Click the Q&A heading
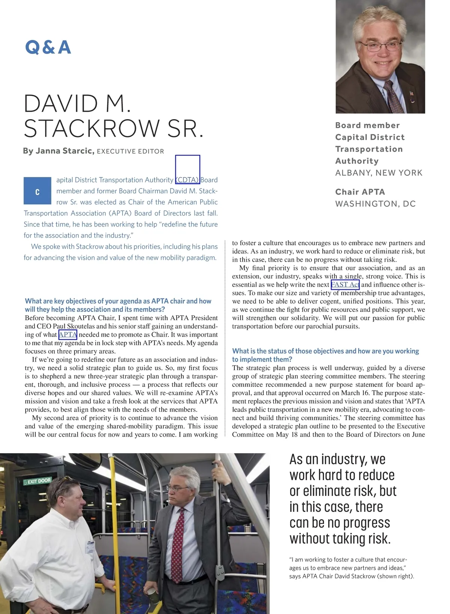click(48, 48)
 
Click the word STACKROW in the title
click(92, 129)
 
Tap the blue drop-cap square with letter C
click(37, 191)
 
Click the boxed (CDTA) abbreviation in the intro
click(187, 180)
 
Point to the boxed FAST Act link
click(345, 285)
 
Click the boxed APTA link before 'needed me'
click(68, 334)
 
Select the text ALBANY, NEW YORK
click(379, 173)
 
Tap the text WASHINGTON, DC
click(375, 204)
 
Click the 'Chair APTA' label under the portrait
click(360, 192)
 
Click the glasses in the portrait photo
click(379, 46)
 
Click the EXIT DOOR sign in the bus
click(37, 481)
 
